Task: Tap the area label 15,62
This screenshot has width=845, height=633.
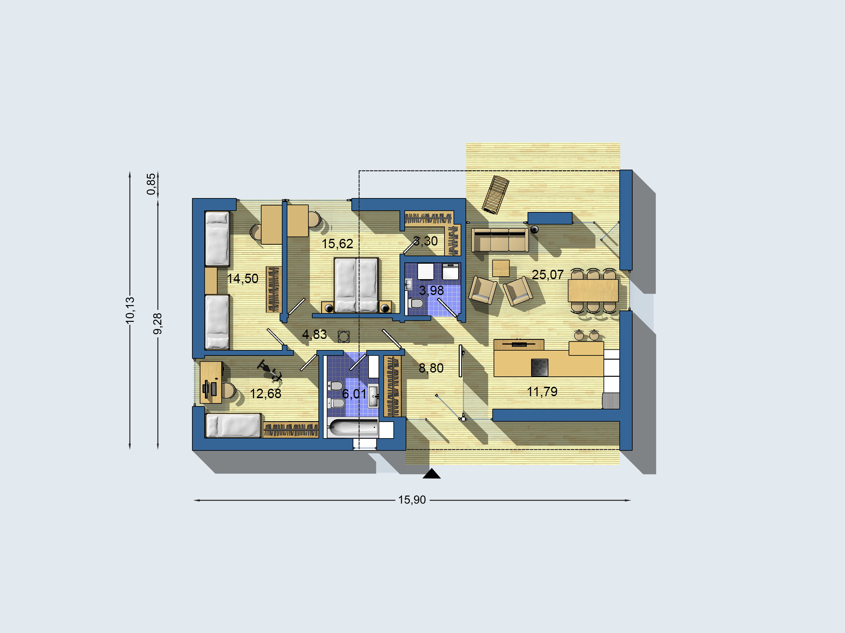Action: (337, 244)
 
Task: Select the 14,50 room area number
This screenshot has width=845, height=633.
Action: (242, 279)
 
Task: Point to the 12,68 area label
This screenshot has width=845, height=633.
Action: (265, 394)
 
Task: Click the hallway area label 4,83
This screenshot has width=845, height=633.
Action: (315, 334)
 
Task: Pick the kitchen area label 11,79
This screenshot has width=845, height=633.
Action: (542, 392)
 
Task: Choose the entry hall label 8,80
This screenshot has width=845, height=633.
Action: (431, 368)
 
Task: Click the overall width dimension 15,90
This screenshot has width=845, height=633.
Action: (412, 500)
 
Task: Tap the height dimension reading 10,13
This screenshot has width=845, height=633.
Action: (130, 310)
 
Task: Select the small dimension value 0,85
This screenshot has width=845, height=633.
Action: (152, 184)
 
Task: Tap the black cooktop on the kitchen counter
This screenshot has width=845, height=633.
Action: (540, 368)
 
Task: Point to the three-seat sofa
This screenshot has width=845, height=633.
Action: (500, 240)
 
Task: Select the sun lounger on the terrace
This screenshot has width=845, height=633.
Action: (495, 194)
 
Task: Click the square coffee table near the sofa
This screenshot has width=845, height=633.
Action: (501, 268)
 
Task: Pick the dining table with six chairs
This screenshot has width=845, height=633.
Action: (593, 291)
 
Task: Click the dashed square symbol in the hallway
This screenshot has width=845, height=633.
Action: (343, 337)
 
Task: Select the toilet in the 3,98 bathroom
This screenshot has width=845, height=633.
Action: (416, 303)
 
